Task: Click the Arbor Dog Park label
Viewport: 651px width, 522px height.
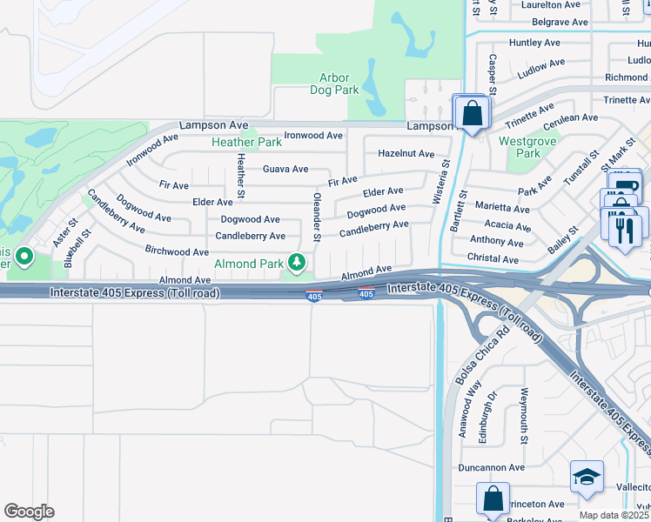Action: point(334,83)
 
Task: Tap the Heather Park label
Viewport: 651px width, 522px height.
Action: point(246,142)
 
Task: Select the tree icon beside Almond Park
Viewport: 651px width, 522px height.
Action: point(297,262)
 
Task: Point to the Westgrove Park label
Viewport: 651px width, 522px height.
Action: point(520,147)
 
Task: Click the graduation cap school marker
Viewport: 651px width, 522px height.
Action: point(587,478)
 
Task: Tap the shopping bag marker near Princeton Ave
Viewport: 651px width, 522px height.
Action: point(493,500)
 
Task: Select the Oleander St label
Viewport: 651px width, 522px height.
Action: point(317,217)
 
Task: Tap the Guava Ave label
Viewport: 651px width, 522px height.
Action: point(285,169)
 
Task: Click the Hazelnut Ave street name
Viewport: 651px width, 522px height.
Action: point(406,153)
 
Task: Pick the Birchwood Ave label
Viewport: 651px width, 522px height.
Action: point(178,251)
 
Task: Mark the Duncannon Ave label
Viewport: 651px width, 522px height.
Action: point(492,467)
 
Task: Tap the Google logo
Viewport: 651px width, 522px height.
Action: point(29,512)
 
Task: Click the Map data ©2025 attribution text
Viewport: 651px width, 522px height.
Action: point(614,516)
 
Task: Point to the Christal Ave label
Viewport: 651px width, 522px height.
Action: point(493,259)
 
